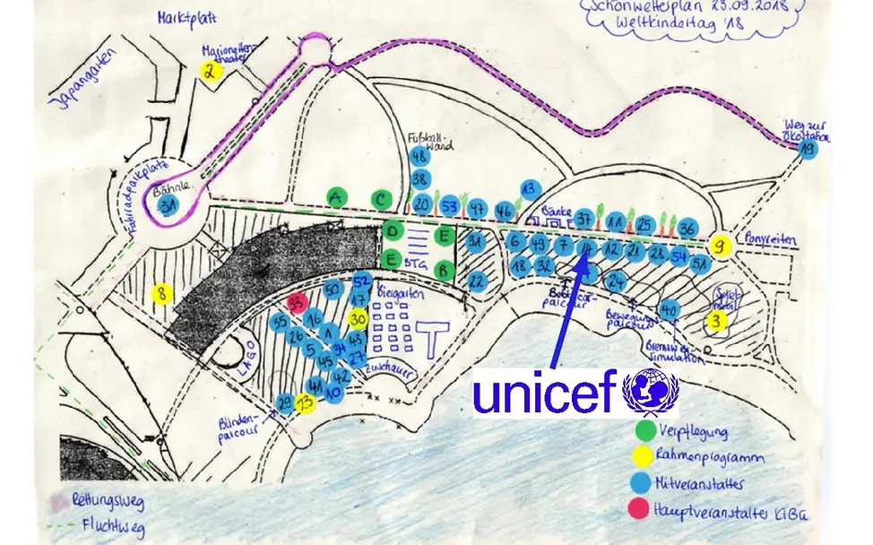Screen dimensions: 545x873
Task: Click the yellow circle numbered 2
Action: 210,72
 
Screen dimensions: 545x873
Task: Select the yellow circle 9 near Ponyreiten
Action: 720,245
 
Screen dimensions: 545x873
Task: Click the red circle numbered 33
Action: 299,301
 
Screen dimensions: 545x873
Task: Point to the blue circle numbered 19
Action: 809,150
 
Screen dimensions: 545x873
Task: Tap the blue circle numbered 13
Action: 529,189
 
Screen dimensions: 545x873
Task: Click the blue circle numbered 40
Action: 668,310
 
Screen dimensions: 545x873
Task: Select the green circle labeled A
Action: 336,198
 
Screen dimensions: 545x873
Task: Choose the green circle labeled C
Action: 383,198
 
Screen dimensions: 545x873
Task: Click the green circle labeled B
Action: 443,268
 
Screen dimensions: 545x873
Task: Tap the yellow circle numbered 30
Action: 358,318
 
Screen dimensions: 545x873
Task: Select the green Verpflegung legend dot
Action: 644,432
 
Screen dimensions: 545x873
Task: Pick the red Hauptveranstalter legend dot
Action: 644,509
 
